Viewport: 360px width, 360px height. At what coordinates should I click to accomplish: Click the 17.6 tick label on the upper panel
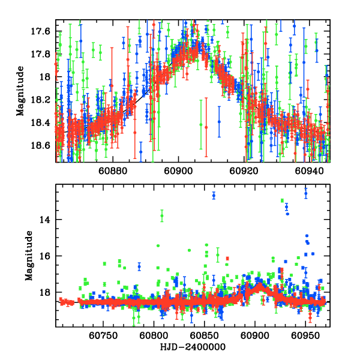[44, 31]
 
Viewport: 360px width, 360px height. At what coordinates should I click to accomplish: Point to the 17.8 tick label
[44, 54]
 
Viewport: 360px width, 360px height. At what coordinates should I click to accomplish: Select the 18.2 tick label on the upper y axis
[44, 100]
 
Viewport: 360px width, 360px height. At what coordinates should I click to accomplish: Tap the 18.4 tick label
[44, 122]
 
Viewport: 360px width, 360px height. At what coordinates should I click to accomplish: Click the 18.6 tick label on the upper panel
[44, 146]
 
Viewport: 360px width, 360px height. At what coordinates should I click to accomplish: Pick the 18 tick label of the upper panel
[48, 77]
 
